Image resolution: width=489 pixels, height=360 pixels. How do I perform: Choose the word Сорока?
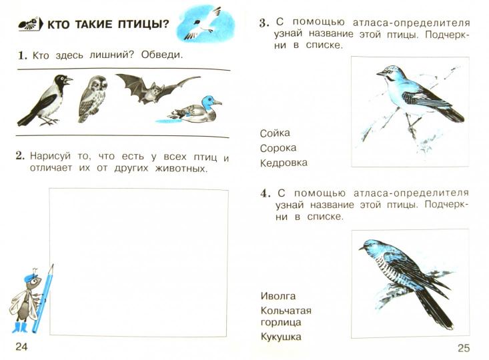click(x=278, y=148)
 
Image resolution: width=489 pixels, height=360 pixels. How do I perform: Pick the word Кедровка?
click(x=284, y=163)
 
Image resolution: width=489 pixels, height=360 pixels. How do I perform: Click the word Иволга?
click(x=278, y=295)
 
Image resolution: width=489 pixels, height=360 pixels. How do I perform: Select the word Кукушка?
click(x=281, y=337)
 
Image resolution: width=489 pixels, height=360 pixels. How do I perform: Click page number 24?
click(x=21, y=347)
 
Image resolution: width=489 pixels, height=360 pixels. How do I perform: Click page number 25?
click(x=464, y=347)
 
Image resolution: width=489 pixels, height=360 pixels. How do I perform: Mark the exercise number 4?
click(x=265, y=194)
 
